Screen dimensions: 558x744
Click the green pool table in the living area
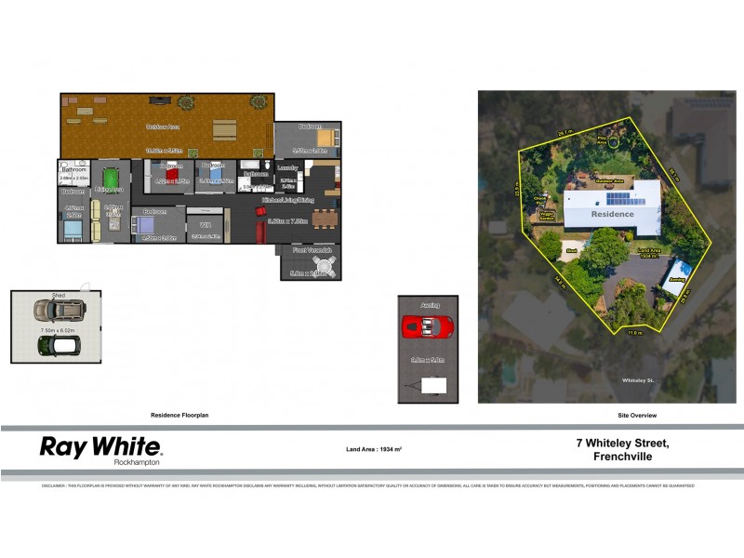pyautogui.click(x=111, y=177)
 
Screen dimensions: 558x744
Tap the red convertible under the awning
pyautogui.click(x=427, y=326)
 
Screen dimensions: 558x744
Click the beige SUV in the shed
pyautogui.click(x=55, y=311)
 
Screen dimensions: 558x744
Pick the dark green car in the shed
pyautogui.click(x=57, y=346)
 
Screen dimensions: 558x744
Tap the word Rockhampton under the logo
pyautogui.click(x=136, y=462)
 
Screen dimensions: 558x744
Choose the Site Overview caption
pyautogui.click(x=637, y=415)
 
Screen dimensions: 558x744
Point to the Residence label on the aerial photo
pyautogui.click(x=613, y=214)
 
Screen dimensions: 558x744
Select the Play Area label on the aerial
pyautogui.click(x=603, y=139)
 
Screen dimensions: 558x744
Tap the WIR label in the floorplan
pyautogui.click(x=204, y=223)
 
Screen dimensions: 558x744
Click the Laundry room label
pyautogui.click(x=288, y=167)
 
